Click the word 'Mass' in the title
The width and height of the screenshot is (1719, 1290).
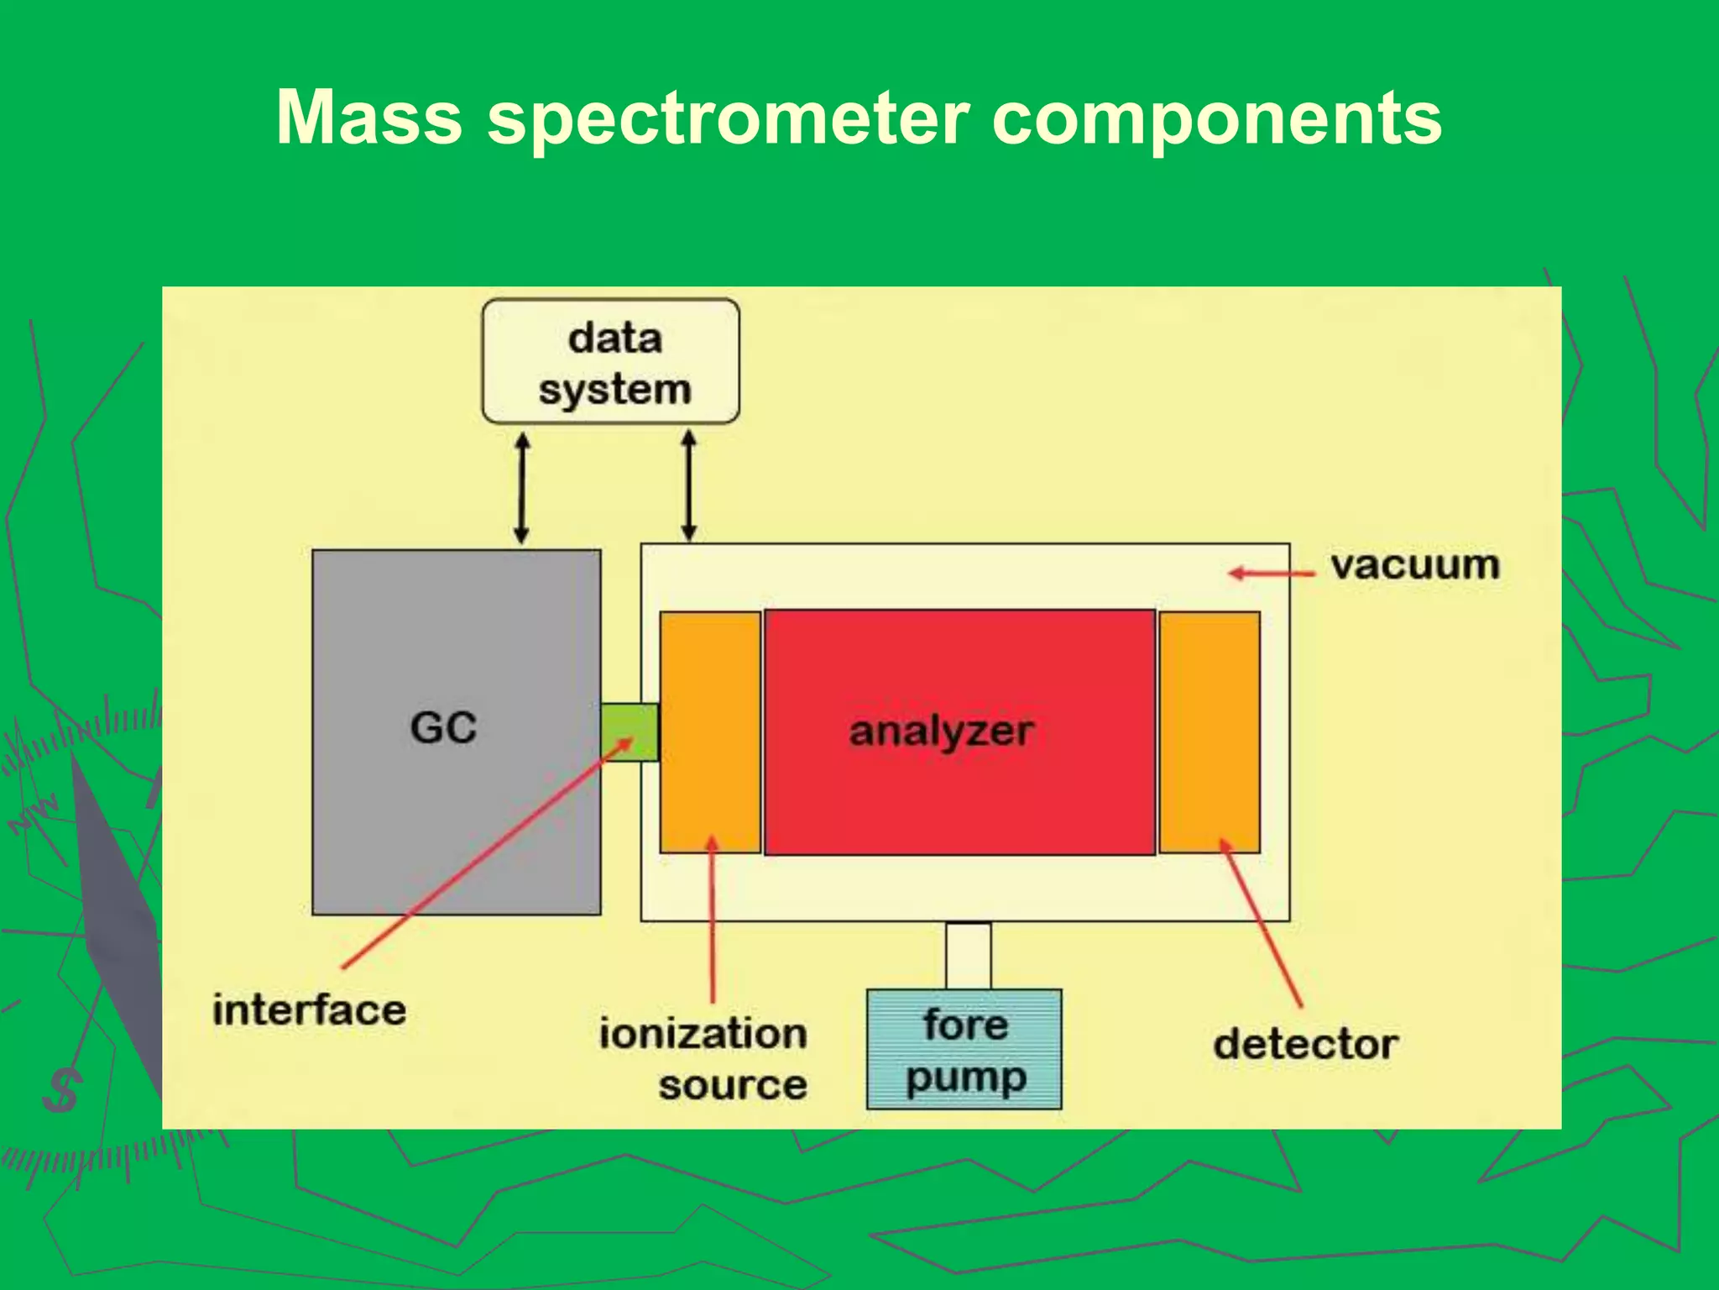point(368,118)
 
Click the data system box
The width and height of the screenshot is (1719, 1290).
point(611,362)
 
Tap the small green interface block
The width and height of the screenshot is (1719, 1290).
point(630,732)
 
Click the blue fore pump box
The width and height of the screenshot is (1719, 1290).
point(964,1050)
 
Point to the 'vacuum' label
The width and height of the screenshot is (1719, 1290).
point(1415,565)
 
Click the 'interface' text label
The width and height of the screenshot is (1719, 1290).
point(309,1010)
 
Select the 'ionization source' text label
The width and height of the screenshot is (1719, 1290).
point(703,1058)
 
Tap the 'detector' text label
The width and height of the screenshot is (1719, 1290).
point(1305,1045)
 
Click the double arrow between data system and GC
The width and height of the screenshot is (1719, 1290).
point(521,488)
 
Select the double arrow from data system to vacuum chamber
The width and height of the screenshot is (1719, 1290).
point(689,486)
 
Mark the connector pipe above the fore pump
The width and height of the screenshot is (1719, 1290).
point(969,956)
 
